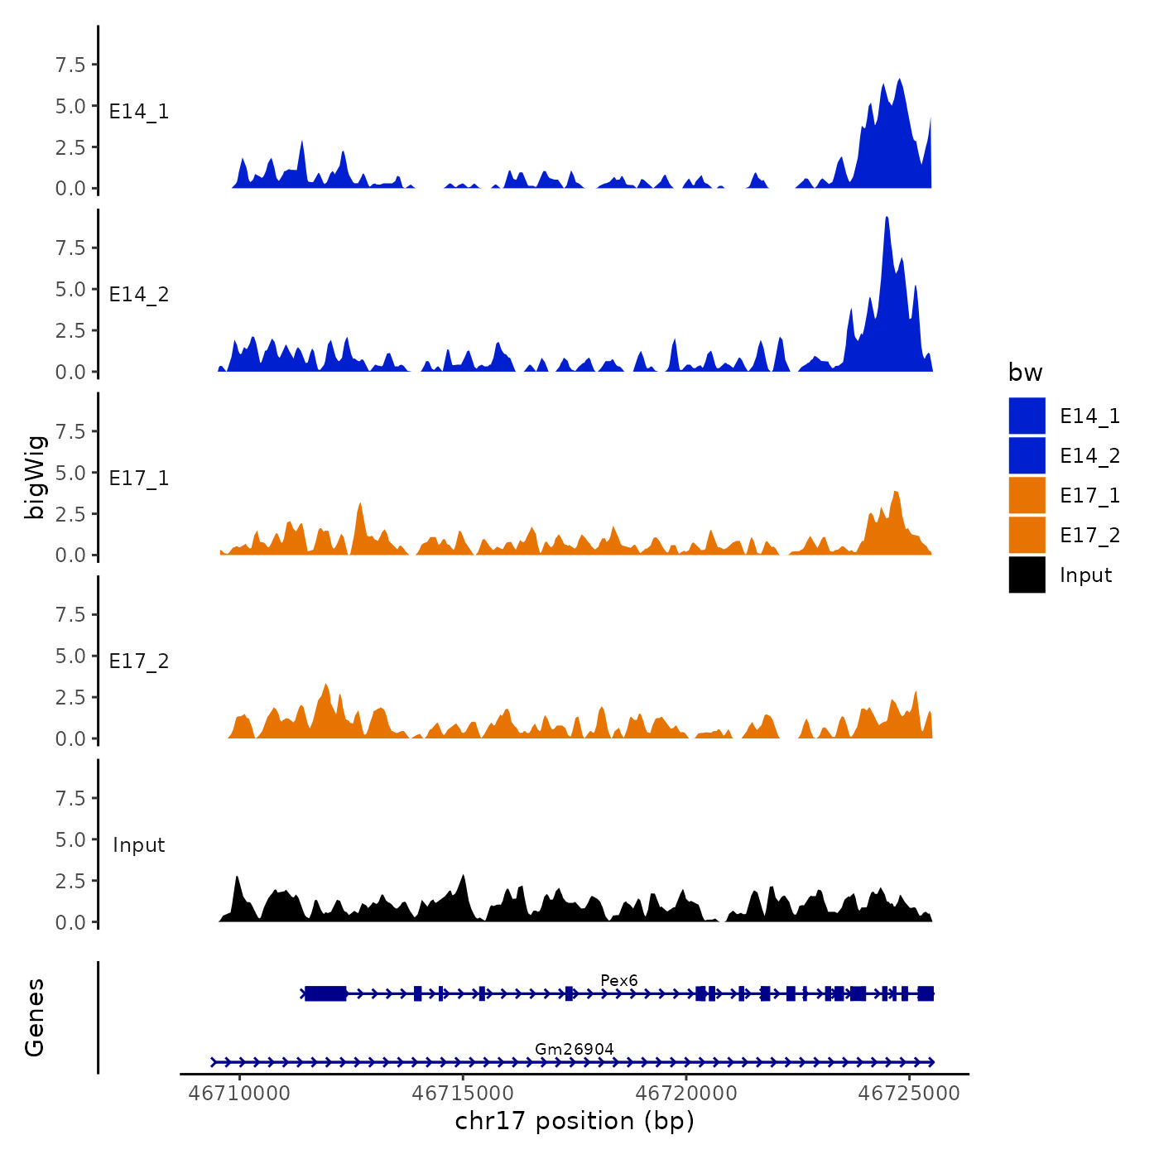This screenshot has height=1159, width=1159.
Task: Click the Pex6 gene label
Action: [618, 981]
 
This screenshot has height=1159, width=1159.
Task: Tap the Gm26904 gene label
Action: [574, 1050]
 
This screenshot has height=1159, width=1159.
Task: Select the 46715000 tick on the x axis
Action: [464, 1094]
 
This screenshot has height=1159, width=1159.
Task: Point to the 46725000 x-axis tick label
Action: [909, 1094]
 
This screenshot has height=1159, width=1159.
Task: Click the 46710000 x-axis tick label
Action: [240, 1094]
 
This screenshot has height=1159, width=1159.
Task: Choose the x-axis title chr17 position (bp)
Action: [575, 1121]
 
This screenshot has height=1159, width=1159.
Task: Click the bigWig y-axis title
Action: [35, 477]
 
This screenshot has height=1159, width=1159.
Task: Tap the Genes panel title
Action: [35, 1017]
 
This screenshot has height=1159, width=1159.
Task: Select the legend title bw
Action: [1025, 373]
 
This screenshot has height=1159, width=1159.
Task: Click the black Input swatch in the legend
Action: [1027, 575]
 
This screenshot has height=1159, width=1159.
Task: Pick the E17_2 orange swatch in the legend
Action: [1027, 535]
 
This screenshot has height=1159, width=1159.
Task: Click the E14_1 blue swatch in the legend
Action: [1027, 416]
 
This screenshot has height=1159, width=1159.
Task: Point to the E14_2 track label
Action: [139, 295]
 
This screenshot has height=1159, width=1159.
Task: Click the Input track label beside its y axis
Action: [139, 845]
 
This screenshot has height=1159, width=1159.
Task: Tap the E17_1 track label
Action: [139, 479]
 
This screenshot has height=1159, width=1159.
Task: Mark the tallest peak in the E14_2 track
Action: [887, 219]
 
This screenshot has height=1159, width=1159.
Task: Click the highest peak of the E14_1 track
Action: [899, 81]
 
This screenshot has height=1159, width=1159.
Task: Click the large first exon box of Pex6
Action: [325, 993]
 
